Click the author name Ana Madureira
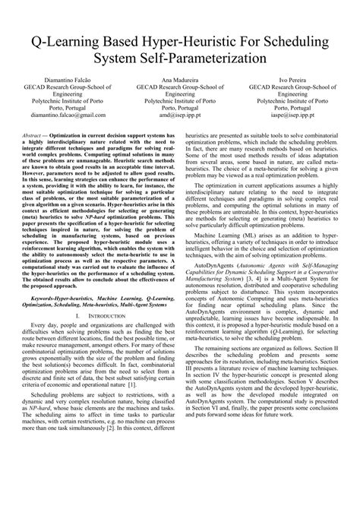[x=181, y=80]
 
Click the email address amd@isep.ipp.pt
[x=181, y=116]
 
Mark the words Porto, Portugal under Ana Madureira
[x=181, y=107]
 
